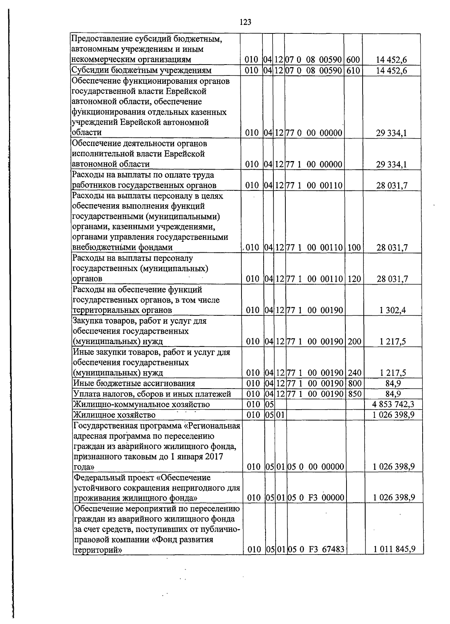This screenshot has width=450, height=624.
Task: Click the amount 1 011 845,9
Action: click(x=394, y=549)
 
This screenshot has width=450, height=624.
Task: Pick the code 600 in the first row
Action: click(x=353, y=60)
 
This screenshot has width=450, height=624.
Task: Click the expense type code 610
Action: click(x=353, y=71)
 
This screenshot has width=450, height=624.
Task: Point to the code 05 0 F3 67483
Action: click(x=316, y=549)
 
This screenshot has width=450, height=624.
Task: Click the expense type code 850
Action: click(x=353, y=394)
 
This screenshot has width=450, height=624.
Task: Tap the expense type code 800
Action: click(x=353, y=383)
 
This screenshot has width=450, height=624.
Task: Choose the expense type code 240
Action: click(x=353, y=373)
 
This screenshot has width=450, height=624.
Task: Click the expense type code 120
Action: click(x=353, y=279)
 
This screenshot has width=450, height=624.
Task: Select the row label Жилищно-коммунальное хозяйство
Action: click(x=141, y=404)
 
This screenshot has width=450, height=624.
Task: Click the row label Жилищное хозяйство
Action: click(x=114, y=415)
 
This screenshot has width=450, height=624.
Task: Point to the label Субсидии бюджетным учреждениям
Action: click(x=142, y=71)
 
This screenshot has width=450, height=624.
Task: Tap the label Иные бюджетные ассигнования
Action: click(x=134, y=383)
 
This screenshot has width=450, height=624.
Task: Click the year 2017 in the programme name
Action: click(x=215, y=457)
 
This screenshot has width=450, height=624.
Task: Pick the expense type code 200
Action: click(x=353, y=342)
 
